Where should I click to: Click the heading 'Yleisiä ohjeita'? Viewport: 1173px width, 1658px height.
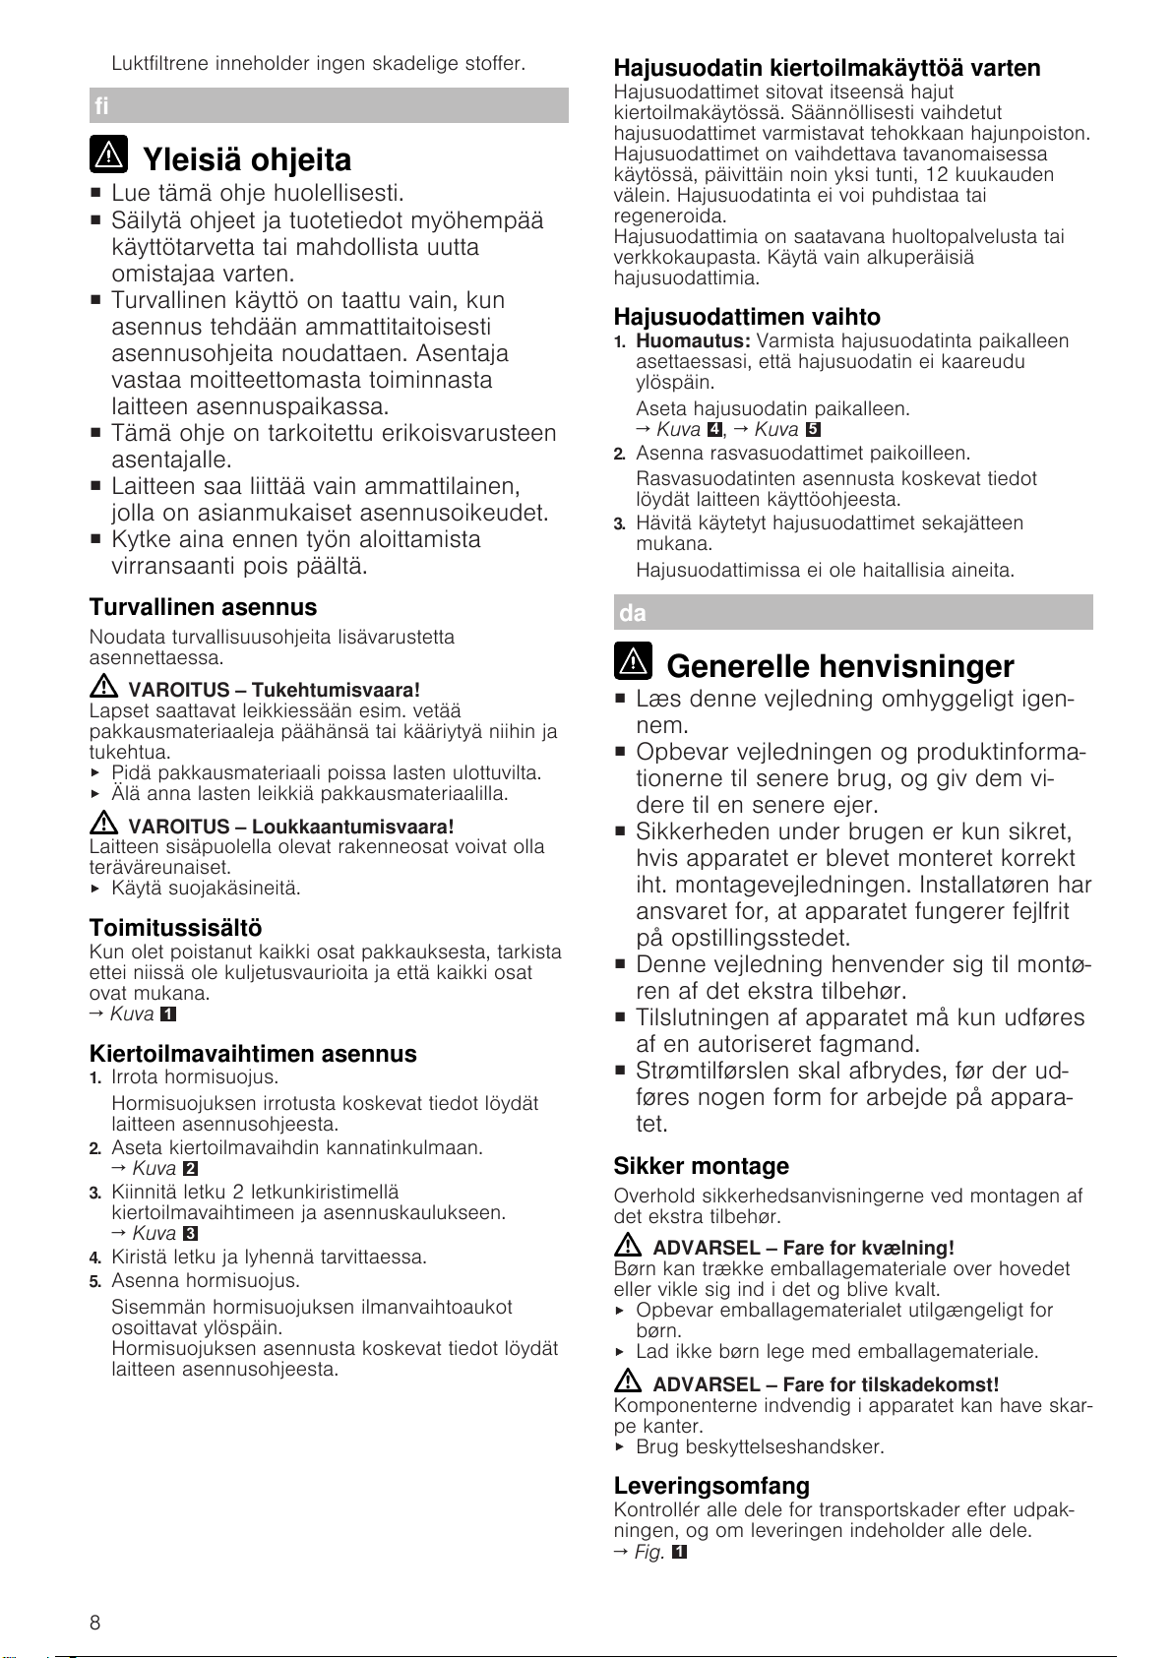click(x=246, y=159)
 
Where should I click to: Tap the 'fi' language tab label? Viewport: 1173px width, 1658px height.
click(x=102, y=105)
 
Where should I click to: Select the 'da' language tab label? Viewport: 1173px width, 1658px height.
click(x=633, y=613)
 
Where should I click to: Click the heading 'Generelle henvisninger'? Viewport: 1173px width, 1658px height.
click(x=839, y=666)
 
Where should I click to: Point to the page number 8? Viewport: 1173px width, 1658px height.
click(x=94, y=1623)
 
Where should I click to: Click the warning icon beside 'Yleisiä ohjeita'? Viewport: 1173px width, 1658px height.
click(x=109, y=154)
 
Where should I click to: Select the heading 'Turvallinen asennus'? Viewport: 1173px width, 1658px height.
click(x=203, y=607)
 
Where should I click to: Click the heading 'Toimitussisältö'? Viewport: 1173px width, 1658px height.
click(x=175, y=928)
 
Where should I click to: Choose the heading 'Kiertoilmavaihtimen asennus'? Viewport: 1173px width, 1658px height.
click(x=253, y=1054)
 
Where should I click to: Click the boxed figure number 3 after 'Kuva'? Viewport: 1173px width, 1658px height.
click(x=191, y=1234)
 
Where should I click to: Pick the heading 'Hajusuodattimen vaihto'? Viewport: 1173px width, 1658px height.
click(x=747, y=317)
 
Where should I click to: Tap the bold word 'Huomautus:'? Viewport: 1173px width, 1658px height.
click(x=693, y=340)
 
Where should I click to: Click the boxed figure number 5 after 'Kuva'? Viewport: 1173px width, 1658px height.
click(x=813, y=430)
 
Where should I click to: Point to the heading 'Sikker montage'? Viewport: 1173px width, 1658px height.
click(x=701, y=1166)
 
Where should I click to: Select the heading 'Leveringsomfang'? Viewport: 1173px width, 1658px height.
click(x=711, y=1486)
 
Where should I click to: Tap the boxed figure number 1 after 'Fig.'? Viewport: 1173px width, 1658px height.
click(x=678, y=1553)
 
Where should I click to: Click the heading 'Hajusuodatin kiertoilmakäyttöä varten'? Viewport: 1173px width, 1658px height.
click(x=827, y=68)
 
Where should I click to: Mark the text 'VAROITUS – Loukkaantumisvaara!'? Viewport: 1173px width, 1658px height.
click(x=291, y=827)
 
